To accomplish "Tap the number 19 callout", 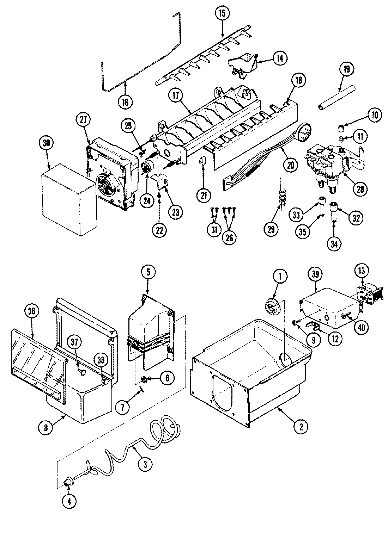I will point(346,69).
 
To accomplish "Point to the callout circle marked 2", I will point(301,427).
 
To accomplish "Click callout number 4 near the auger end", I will point(69,502).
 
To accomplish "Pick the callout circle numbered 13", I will point(363,271).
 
